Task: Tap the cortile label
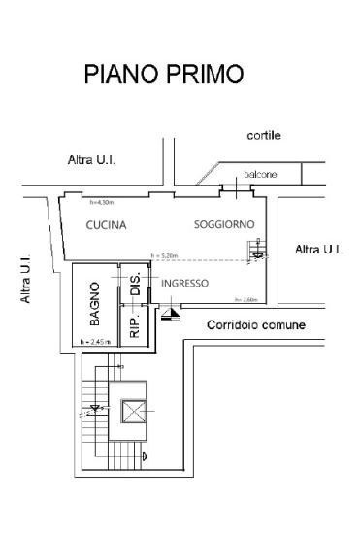[x=263, y=136]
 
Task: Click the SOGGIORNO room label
[x=224, y=224]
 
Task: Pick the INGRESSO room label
[x=184, y=284]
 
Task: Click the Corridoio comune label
[x=256, y=324]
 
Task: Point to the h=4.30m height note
[x=102, y=203]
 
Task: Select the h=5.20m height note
[x=166, y=257]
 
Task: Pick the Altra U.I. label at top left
[x=92, y=159]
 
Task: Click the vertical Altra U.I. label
[x=27, y=283]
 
